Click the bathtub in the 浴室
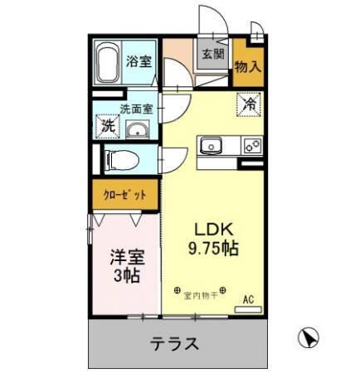tap(107, 62)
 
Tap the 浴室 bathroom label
tap(139, 61)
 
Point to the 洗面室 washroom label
tap(135, 109)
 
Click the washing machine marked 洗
tap(108, 126)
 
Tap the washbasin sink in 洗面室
tap(136, 130)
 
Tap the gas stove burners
tap(251, 145)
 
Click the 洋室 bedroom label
tap(125, 258)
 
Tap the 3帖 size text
tap(125, 277)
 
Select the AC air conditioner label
tap(246, 299)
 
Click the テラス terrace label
tap(174, 342)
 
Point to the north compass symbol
tap(306, 337)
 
